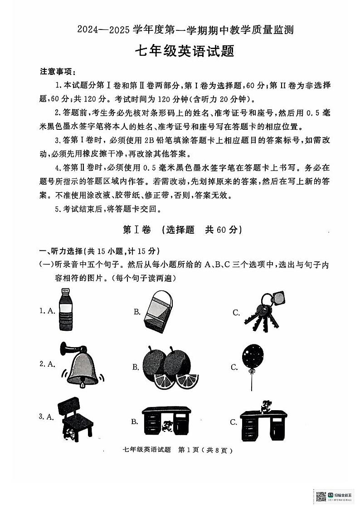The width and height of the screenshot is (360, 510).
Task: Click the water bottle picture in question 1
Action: (66, 311)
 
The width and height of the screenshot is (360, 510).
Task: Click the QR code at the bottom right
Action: (321, 496)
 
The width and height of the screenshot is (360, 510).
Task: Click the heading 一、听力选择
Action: (62, 251)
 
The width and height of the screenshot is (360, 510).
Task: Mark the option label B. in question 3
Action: (135, 422)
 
